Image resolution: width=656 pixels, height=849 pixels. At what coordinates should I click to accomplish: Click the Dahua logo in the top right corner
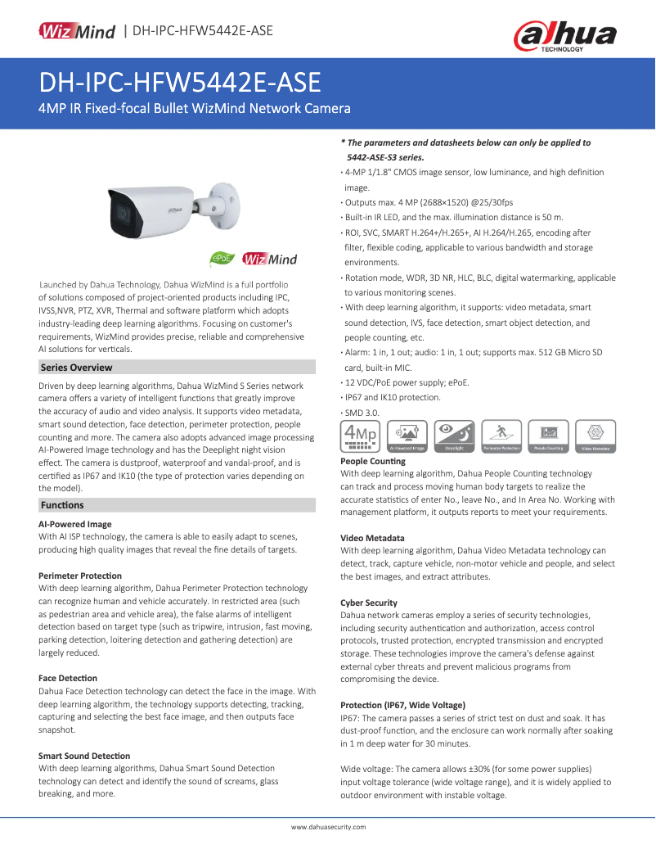point(564,35)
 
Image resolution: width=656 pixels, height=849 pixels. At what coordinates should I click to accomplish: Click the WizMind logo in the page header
point(77,31)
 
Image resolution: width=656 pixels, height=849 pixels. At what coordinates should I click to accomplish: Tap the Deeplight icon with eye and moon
point(455,437)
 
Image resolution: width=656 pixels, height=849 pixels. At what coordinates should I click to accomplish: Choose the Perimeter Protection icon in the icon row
point(502,437)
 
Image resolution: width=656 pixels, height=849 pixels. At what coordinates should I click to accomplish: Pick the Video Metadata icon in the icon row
point(596,437)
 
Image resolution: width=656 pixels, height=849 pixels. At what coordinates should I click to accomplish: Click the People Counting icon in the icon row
point(549,437)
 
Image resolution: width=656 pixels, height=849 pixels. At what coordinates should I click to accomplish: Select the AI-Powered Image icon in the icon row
point(407,437)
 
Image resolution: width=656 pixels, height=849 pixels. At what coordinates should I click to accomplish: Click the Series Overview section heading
point(76,368)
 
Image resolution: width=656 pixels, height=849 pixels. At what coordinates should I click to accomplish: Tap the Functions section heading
point(62,505)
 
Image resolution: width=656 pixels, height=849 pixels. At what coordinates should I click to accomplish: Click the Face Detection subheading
point(68,678)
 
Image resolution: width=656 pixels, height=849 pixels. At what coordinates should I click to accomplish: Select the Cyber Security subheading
point(369,603)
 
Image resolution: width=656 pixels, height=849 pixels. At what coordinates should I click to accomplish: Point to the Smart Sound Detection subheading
point(84,756)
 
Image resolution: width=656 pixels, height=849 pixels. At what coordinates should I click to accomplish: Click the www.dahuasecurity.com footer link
point(328,827)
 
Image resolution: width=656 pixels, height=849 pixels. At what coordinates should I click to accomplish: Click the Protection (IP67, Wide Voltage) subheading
point(402,705)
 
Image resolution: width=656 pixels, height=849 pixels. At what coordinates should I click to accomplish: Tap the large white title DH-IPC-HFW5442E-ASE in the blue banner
point(180,83)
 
